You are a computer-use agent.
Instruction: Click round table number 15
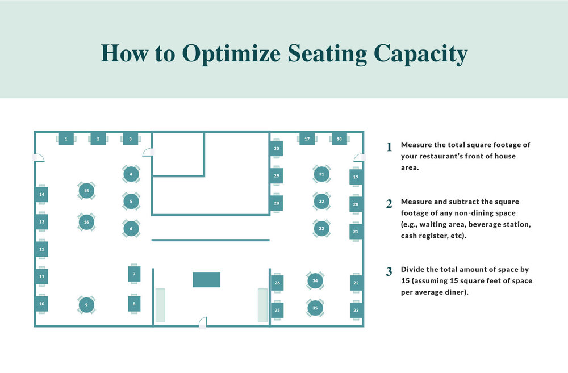(86, 191)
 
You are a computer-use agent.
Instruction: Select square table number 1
(66, 139)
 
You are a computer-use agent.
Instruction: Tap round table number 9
(86, 305)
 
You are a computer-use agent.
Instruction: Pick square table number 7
(134, 274)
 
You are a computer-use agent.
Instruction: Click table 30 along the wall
(277, 149)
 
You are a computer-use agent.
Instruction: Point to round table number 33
(321, 229)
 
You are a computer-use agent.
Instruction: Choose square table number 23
(356, 311)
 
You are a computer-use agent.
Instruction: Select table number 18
(339, 139)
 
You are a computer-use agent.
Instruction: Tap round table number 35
(315, 308)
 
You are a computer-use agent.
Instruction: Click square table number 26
(277, 283)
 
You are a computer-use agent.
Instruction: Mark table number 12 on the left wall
(41, 249)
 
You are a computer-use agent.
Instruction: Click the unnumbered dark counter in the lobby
(206, 279)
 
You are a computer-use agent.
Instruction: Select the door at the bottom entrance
(202, 324)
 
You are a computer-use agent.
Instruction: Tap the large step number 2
(389, 204)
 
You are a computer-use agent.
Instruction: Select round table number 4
(131, 174)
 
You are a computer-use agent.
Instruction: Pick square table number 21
(356, 232)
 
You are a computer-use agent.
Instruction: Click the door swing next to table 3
(148, 152)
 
